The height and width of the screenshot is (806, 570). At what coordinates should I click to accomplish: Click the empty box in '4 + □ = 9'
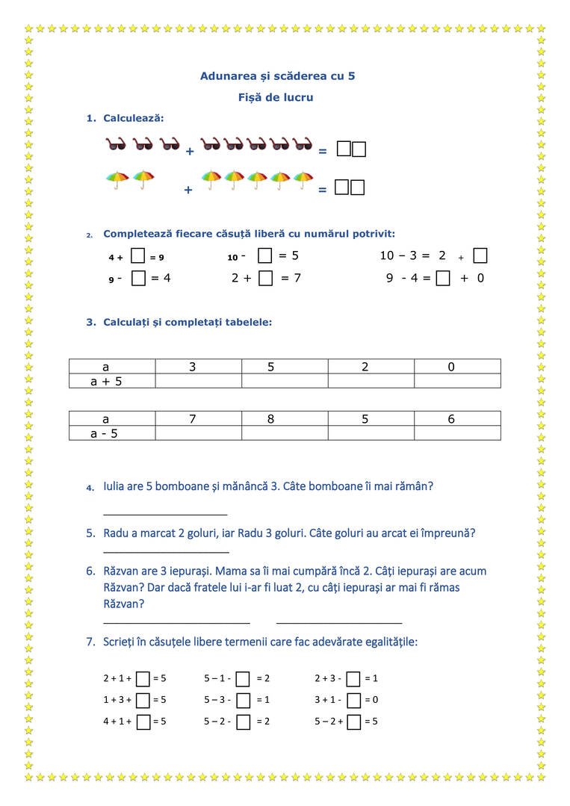(137, 256)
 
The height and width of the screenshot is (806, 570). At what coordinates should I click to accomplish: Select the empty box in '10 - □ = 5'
(264, 256)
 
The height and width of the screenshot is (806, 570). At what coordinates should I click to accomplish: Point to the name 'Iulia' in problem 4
(116, 486)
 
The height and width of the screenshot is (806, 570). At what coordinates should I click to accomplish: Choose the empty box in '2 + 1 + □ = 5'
(143, 679)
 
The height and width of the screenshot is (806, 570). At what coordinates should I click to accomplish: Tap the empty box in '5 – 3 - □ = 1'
(243, 701)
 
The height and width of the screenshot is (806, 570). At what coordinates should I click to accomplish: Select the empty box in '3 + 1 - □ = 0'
(353, 701)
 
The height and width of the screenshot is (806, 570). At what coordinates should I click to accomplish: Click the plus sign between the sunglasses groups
(190, 152)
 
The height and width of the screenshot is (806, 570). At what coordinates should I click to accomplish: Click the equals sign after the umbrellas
(323, 190)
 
